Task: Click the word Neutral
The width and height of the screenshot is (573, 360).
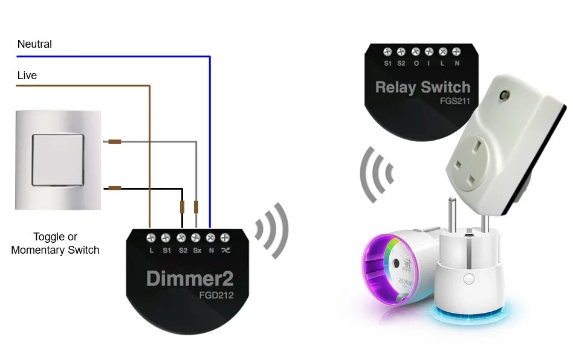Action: click(34, 44)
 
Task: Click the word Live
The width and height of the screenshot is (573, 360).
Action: click(27, 76)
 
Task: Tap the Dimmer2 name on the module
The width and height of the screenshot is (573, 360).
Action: click(189, 279)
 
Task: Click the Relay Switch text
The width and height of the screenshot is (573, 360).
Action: click(422, 87)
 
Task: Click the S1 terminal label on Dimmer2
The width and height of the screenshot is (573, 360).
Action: click(166, 249)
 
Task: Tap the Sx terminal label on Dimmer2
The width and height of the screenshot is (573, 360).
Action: click(196, 249)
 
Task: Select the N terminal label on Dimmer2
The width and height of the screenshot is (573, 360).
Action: click(211, 249)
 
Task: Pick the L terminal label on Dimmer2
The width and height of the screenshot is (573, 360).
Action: click(151, 249)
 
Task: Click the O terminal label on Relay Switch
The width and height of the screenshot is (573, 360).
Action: click(416, 63)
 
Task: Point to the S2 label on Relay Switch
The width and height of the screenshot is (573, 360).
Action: click(401, 63)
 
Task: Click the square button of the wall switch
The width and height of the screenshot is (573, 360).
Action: click(58, 159)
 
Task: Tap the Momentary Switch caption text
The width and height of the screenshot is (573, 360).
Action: click(55, 249)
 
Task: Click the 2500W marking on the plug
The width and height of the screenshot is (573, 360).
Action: click(406, 283)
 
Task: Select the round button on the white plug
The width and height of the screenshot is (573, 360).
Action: click(467, 278)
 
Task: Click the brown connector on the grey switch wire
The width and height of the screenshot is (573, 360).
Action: click(114, 142)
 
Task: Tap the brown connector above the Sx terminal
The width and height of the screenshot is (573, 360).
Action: click(196, 207)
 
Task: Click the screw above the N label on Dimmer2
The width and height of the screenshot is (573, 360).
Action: click(211, 237)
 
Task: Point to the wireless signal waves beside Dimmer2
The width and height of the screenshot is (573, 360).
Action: click(271, 230)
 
